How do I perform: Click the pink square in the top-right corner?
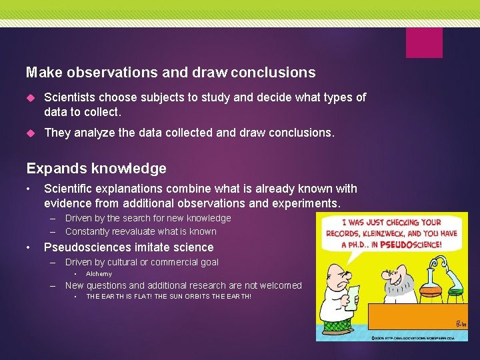click(424, 42)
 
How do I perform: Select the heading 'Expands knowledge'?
click(96, 169)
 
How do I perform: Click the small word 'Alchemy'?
click(99, 274)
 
